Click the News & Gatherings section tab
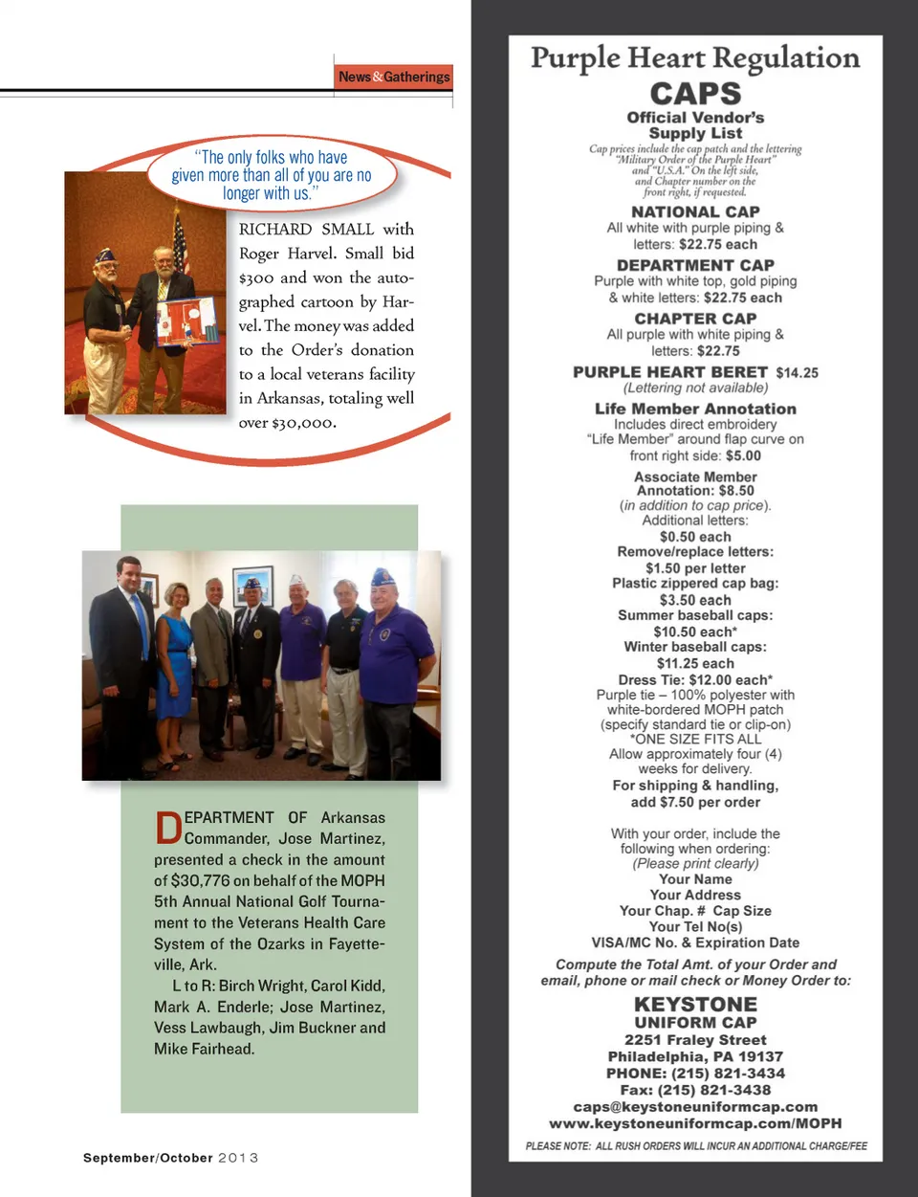point(394,77)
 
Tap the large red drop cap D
point(167,829)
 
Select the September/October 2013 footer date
point(170,1158)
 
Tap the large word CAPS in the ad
point(695,94)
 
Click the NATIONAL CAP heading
point(695,211)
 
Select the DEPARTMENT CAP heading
point(695,265)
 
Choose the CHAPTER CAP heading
point(695,319)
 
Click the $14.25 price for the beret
point(797,373)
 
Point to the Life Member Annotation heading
point(695,409)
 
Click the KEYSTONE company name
point(695,1005)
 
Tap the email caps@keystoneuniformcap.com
point(695,1107)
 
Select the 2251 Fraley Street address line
point(695,1040)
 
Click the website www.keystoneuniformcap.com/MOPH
point(695,1123)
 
